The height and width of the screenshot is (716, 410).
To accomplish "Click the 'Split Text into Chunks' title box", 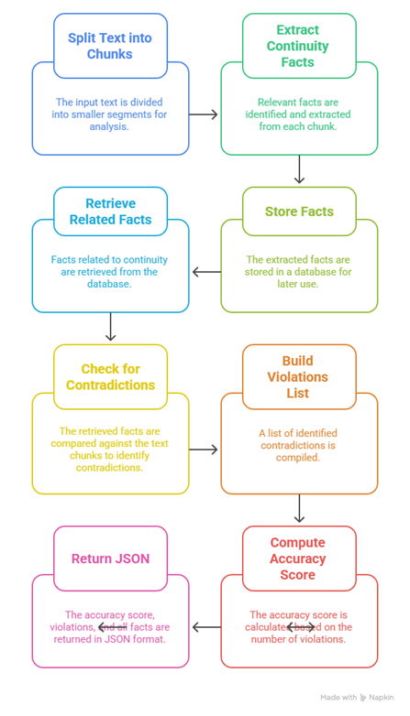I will [110, 46].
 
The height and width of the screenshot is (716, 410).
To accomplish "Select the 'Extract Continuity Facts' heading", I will [298, 46].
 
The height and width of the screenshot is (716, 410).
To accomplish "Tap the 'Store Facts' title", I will [298, 212].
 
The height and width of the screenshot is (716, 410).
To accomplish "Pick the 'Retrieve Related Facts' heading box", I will [110, 212].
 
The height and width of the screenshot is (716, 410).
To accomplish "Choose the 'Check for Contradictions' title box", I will [110, 376].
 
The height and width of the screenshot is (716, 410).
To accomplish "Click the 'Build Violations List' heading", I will [298, 376].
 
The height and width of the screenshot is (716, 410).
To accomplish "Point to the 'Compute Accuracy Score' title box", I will [298, 559].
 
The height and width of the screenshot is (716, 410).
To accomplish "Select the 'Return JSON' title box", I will [110, 559].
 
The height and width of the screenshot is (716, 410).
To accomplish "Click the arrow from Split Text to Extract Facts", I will [205, 114].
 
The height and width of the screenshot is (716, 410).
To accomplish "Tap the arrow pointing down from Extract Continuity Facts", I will [299, 169].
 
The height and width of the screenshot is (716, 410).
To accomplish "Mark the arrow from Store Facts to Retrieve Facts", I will [205, 272].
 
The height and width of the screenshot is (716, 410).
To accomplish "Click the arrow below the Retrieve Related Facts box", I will [110, 327].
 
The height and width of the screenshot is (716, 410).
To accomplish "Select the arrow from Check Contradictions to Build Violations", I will [205, 450].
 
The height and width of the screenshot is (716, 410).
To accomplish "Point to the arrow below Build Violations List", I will [299, 508].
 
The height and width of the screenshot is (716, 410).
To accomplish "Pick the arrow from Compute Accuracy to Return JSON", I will [205, 627].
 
